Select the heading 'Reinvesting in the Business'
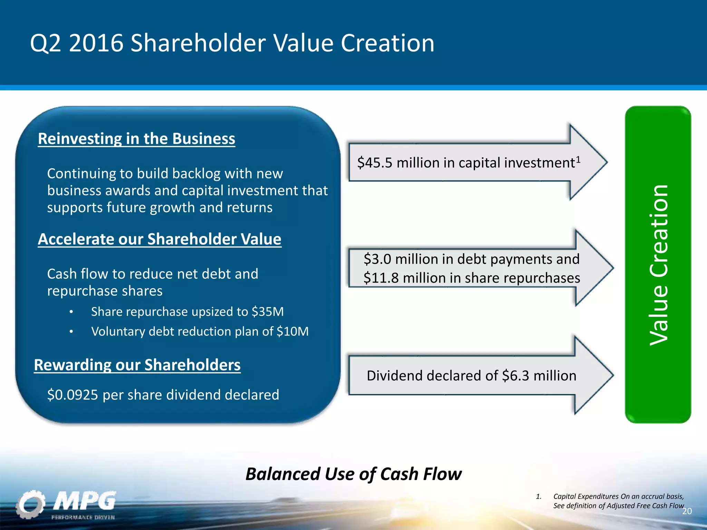tap(136, 139)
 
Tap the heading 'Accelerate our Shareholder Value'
tap(159, 239)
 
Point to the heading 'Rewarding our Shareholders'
tap(137, 365)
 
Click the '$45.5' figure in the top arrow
tap(375, 163)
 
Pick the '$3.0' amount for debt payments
tap(377, 259)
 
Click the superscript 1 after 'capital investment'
tap(578, 159)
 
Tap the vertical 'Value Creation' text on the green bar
tap(659, 265)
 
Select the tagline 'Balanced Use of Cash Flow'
tap(353, 474)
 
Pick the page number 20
tap(687, 511)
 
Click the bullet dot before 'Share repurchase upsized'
tap(71, 312)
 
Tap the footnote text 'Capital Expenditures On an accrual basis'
tap(618, 497)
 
